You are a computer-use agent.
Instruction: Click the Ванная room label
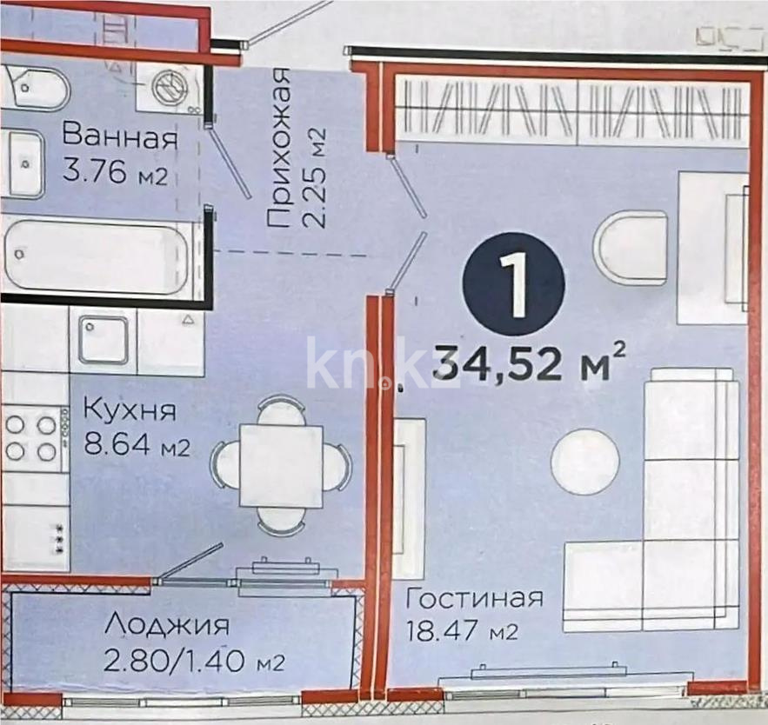(x=120, y=137)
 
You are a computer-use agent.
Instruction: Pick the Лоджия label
(x=167, y=625)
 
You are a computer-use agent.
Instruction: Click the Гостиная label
(x=475, y=598)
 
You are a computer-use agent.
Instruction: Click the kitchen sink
(x=104, y=340)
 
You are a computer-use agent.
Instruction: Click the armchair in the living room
(x=631, y=247)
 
